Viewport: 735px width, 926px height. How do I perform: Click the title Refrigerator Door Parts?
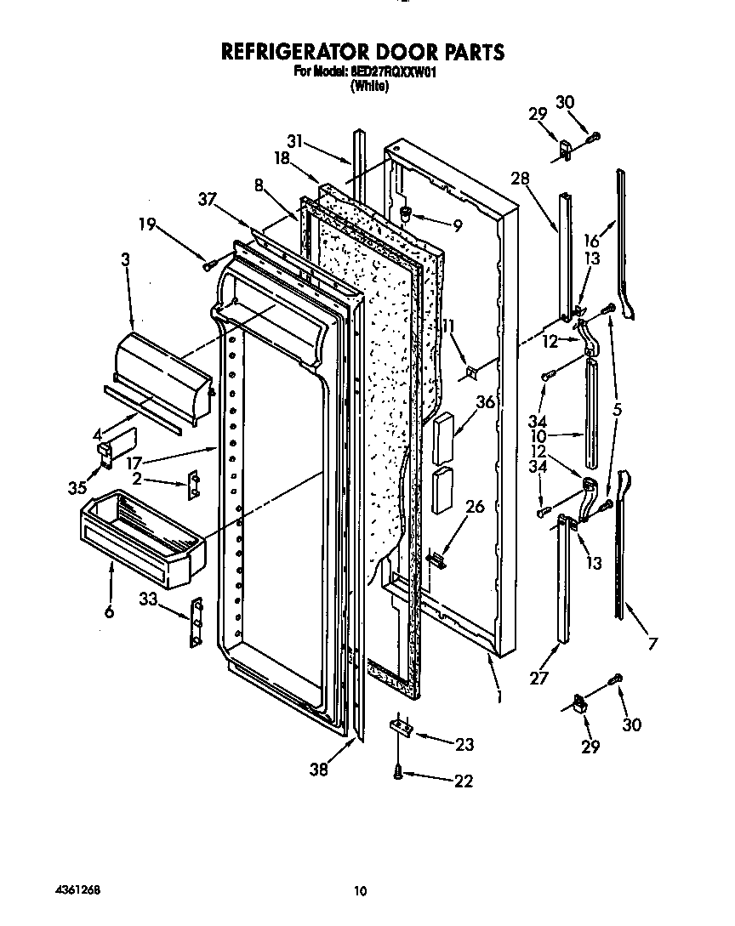point(362,52)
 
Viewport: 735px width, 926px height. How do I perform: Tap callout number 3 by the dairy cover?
point(126,261)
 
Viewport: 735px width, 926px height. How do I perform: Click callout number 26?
point(475,508)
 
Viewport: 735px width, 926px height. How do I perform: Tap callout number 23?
point(464,745)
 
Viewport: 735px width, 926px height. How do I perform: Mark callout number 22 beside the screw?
point(463,781)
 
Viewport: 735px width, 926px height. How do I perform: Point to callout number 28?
point(521,178)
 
